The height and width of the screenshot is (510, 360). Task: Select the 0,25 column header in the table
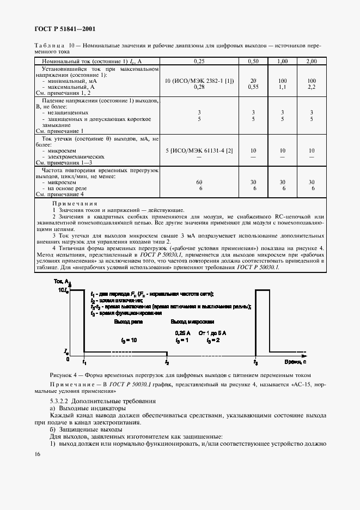(x=201, y=62)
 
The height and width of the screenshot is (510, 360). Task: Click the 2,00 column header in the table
(x=312, y=62)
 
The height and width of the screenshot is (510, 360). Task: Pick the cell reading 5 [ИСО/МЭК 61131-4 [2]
(x=200, y=150)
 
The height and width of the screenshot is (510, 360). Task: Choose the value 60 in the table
(x=199, y=182)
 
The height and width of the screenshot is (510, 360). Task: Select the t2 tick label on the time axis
(x=167, y=362)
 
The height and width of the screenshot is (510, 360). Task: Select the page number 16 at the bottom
(x=36, y=454)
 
